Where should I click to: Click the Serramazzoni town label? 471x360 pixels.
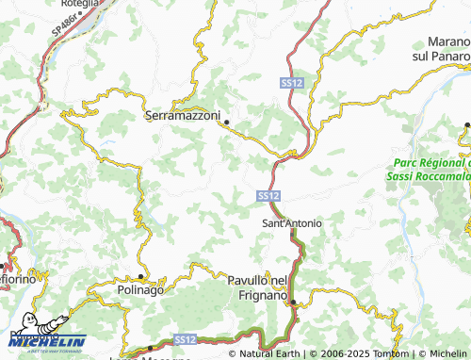point(183,116)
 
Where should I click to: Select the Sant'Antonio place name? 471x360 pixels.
point(291,223)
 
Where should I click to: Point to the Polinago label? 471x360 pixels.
point(140,289)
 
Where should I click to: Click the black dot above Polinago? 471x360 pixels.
point(140,276)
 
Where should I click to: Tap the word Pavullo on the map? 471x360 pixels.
point(249,281)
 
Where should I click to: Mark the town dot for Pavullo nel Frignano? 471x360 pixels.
point(293,303)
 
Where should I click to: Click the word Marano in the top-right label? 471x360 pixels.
point(448,43)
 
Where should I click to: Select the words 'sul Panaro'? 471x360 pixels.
point(443,57)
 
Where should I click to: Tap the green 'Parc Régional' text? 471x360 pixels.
point(430,163)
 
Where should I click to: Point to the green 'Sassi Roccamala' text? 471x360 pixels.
point(429,176)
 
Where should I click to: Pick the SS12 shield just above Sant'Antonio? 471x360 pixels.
point(267,195)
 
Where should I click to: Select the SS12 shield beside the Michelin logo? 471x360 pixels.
point(184,338)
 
